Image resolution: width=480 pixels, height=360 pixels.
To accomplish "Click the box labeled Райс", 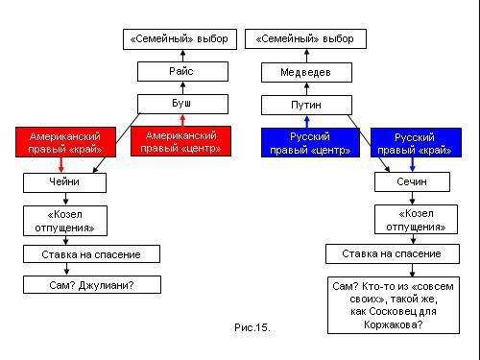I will [182, 72].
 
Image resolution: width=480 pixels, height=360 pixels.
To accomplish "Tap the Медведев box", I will [306, 72].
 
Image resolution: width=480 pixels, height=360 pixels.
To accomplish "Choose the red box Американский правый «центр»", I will [181, 141].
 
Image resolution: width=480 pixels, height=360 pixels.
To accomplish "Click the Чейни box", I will [65, 181].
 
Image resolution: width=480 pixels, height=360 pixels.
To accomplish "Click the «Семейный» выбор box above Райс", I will [182, 39].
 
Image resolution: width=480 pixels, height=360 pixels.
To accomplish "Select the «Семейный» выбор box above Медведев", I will [306, 39].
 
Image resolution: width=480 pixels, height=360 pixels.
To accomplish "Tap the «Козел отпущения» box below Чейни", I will [65, 221].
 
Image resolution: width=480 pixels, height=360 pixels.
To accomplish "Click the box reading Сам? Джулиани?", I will [78, 285].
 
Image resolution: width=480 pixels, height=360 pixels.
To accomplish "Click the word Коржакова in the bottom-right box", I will [393, 324].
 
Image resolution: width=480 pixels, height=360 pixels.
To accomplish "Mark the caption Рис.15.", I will [252, 328].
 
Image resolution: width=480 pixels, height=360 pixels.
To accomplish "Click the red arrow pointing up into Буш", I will [182, 120].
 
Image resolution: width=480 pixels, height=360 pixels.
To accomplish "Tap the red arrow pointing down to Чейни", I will [60, 164].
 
